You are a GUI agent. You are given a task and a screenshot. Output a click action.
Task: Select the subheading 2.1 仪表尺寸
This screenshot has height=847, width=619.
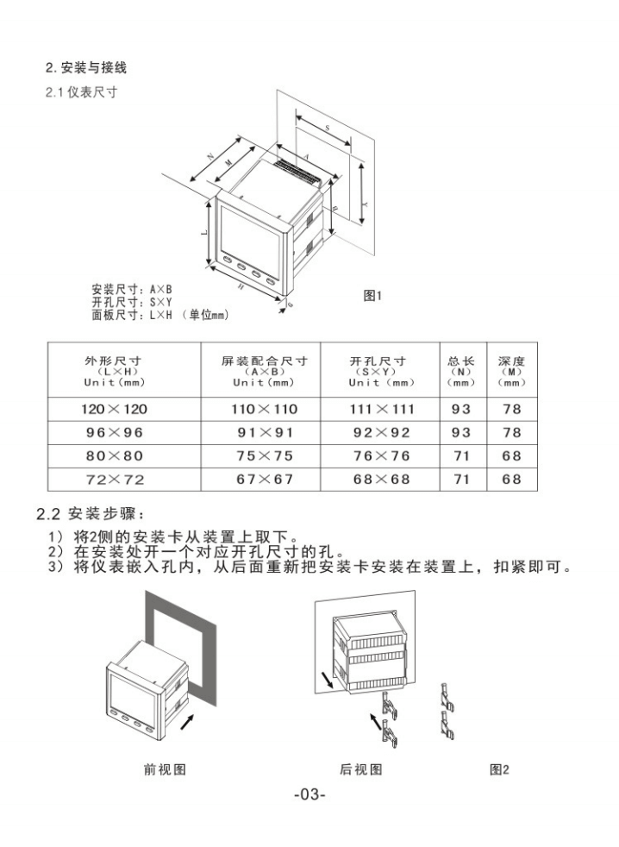tap(81, 92)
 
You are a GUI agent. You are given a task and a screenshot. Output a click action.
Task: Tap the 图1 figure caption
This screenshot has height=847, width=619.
tap(372, 296)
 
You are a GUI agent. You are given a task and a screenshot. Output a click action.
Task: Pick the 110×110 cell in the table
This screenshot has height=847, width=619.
tap(264, 409)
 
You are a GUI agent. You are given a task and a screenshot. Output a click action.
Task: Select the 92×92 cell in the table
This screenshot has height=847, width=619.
tap(381, 432)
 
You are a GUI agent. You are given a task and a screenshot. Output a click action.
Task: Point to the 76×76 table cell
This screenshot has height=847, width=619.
tap(381, 455)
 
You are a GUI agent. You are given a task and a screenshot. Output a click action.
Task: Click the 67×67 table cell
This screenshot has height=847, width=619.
tap(264, 479)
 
